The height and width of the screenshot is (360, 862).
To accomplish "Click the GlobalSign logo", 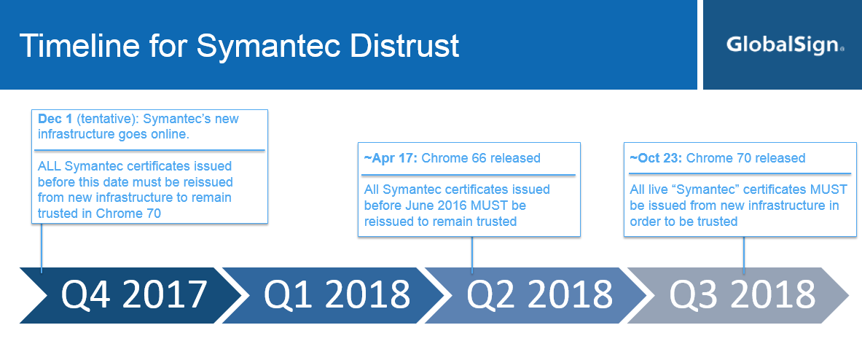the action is coord(785,44).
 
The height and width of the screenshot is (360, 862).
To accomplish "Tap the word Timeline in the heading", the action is coord(79,45).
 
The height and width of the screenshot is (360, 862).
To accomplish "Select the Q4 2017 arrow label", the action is coord(133,294).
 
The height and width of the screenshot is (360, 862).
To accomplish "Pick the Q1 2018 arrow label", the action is coord(337,294).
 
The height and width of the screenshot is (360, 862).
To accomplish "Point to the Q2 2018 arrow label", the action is coord(539,294).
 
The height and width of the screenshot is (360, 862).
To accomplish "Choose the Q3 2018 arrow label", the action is coord(743,294).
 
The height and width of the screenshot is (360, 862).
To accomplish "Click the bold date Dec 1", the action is coord(55,119).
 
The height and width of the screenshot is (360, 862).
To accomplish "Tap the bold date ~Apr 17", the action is coord(391,158).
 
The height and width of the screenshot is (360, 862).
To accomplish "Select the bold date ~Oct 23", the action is coord(656,158).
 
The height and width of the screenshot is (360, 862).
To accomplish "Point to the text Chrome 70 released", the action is coord(746,158).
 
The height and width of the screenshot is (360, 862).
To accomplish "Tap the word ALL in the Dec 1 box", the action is coord(50,166).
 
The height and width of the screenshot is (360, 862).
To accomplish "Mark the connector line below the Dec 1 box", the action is coord(42,247).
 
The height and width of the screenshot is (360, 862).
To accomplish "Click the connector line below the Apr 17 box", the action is coord(471,254).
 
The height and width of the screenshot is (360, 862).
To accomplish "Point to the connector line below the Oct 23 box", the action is coord(744,255).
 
